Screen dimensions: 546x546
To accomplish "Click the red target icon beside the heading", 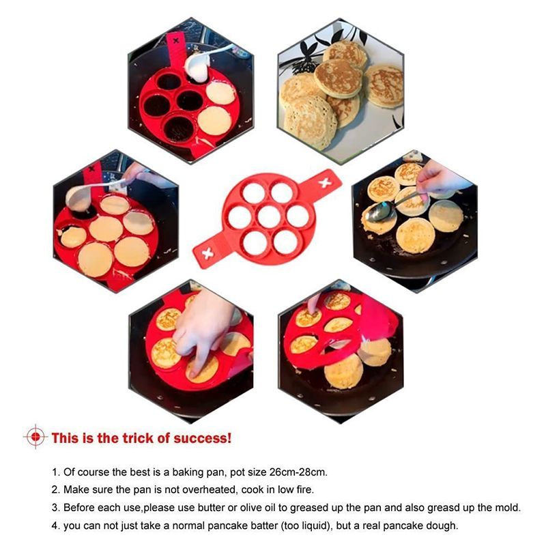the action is [x=35, y=437].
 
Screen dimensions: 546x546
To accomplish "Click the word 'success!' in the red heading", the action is [x=202, y=438].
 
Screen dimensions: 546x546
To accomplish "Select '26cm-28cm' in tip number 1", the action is [x=298, y=472].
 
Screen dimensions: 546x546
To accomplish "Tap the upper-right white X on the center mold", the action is [x=325, y=182].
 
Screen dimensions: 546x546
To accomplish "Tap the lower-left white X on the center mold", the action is [x=208, y=254].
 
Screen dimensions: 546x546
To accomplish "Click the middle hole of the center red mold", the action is [x=269, y=217].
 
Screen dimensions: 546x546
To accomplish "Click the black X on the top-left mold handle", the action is [x=176, y=40].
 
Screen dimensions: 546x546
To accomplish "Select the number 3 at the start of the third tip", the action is [x=55, y=507].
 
